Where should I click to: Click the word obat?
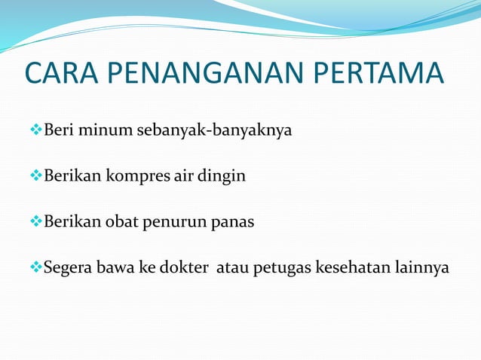point(118,222)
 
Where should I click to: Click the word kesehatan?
point(348,267)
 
